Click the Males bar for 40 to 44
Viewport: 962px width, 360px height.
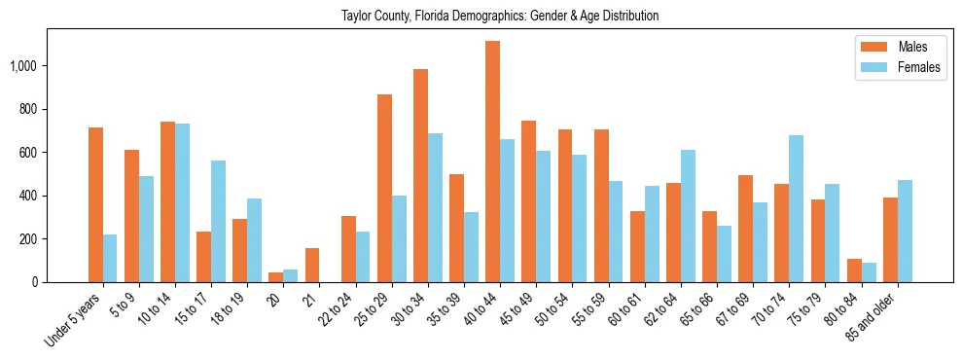[493, 162]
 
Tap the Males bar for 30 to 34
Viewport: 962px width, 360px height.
[420, 175]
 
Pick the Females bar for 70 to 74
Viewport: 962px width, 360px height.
[796, 208]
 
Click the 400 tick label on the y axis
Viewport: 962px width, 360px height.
[29, 196]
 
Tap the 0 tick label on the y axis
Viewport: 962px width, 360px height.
[36, 282]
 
